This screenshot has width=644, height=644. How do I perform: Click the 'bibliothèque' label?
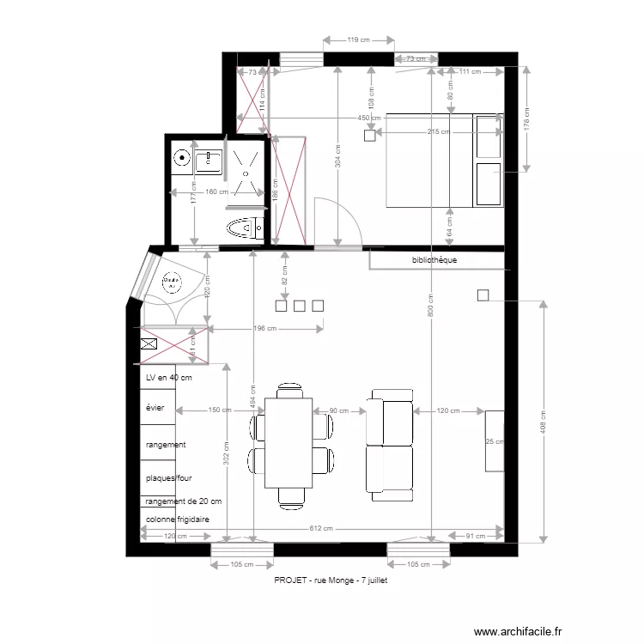click(434, 260)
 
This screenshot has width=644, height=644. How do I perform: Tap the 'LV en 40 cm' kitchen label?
click(168, 378)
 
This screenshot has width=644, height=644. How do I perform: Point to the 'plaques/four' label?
click(171, 477)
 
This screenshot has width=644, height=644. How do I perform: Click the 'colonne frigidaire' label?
click(178, 519)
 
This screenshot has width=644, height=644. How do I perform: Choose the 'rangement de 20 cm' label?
click(184, 501)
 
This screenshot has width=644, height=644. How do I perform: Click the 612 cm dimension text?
click(322, 529)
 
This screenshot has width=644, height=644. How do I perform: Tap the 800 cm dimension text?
click(429, 306)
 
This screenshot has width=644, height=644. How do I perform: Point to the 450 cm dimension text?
click(370, 118)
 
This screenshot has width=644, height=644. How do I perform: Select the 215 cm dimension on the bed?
click(439, 131)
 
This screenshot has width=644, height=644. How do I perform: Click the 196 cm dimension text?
click(265, 328)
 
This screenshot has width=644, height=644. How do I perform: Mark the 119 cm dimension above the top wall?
click(358, 40)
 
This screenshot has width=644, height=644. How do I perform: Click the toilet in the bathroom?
click(243, 228)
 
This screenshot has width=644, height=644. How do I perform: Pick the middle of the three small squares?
click(300, 305)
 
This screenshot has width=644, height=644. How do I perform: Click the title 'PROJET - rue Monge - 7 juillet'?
click(331, 580)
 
